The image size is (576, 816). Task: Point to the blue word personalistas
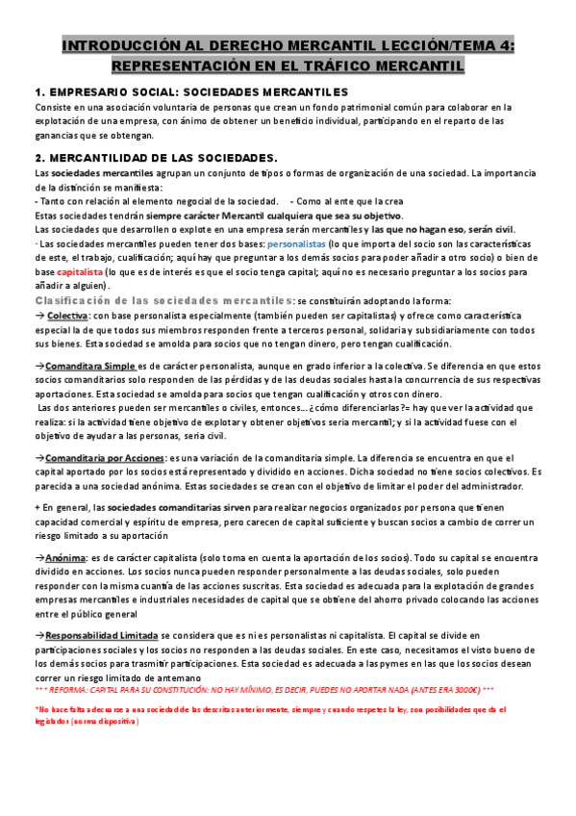(x=296, y=245)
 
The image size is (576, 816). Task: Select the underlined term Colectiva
(x=67, y=316)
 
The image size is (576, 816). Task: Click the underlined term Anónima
(x=64, y=557)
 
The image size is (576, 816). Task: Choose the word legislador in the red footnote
(x=57, y=723)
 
